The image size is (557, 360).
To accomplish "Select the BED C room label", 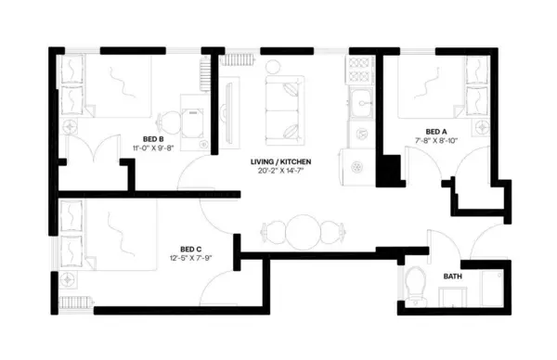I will tap(191, 249).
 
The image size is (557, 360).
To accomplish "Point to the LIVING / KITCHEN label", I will tap(279, 162).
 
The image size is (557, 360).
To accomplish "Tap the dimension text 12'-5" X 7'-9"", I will tap(191, 259).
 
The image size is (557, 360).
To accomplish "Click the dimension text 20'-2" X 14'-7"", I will tap(279, 173).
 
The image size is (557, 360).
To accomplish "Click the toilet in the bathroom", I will tap(414, 287).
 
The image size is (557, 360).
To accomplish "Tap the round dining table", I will tap(303, 229).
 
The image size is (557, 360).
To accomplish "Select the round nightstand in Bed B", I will tap(71, 125).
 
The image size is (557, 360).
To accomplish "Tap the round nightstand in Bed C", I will tap(71, 277).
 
